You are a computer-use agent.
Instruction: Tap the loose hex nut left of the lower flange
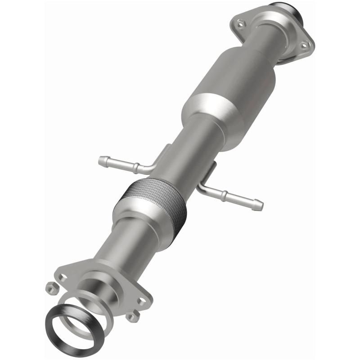click(x=51, y=286)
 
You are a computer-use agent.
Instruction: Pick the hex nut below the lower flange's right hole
click(x=132, y=317)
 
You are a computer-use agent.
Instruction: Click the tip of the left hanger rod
click(x=101, y=159)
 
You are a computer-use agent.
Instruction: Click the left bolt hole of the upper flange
click(x=239, y=20)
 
